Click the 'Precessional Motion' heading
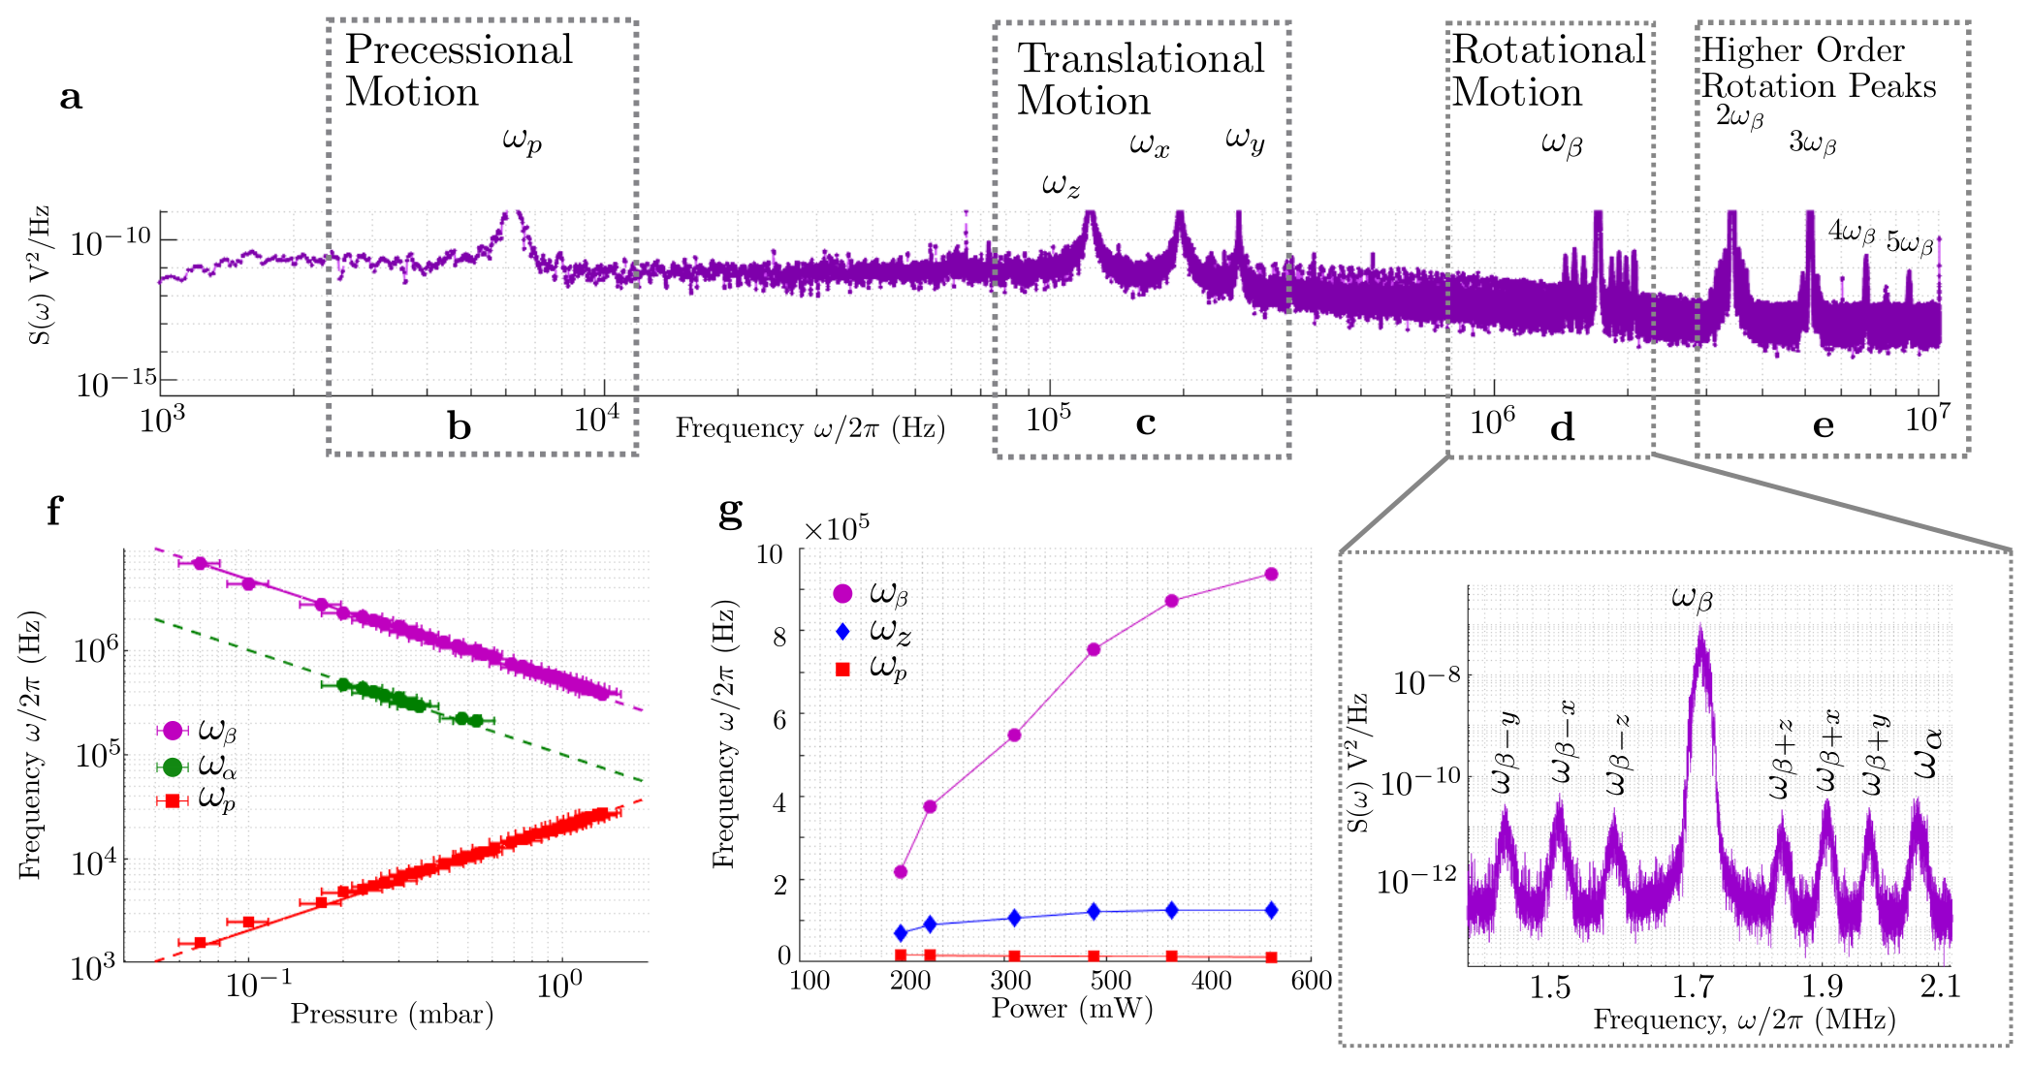pos(459,70)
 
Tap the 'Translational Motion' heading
pos(1140,79)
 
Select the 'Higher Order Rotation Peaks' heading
pos(1818,68)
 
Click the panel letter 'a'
pos(71,97)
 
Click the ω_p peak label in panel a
pos(522,141)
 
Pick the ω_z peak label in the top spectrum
pos(1061,184)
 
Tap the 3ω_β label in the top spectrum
pos(1812,143)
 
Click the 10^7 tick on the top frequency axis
pos(1926,421)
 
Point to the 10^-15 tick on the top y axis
pos(116,382)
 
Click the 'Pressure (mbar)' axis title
pos(392,1015)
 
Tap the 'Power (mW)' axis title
pos(1071,1009)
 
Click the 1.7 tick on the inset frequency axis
pos(1693,987)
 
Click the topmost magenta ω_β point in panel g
pos(1271,575)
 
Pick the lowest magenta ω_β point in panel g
pos(901,872)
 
